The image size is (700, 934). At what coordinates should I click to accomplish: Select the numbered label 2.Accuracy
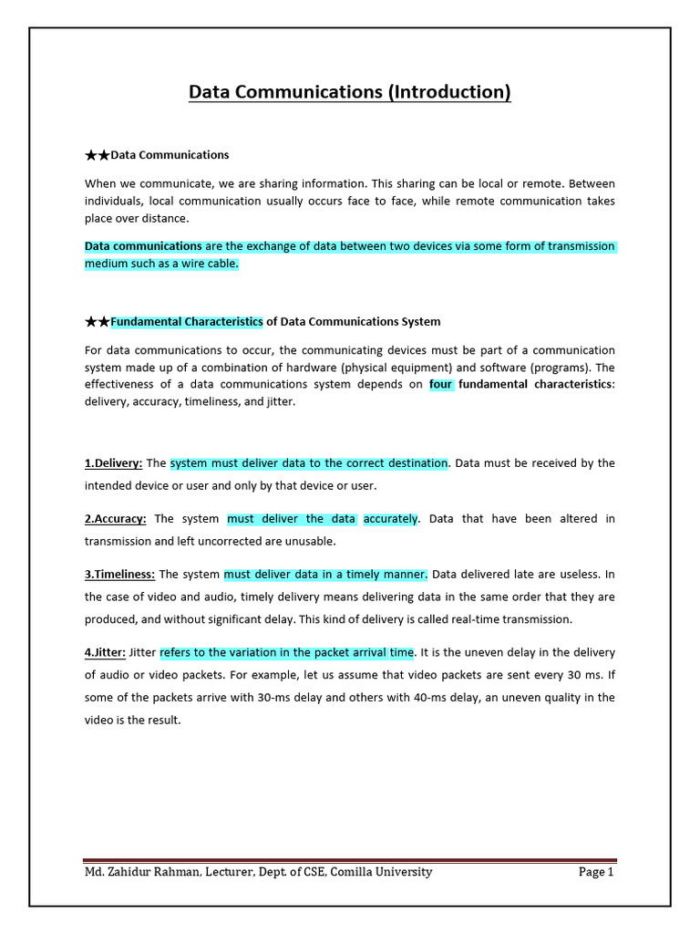[116, 519]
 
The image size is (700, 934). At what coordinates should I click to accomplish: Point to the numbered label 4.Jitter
[105, 652]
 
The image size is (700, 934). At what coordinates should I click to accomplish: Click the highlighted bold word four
[441, 384]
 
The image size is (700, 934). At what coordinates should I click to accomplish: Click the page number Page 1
[596, 872]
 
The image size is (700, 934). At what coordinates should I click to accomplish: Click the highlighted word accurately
[390, 519]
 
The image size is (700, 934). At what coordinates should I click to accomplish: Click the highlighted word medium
[104, 264]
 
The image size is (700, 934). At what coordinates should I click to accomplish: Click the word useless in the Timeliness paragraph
[575, 575]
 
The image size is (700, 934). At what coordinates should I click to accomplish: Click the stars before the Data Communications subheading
[98, 155]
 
